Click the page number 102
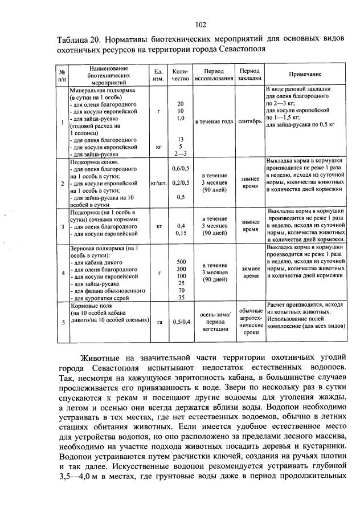pos(200,24)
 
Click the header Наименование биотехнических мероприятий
pos(107,75)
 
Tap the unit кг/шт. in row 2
pos(159,184)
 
